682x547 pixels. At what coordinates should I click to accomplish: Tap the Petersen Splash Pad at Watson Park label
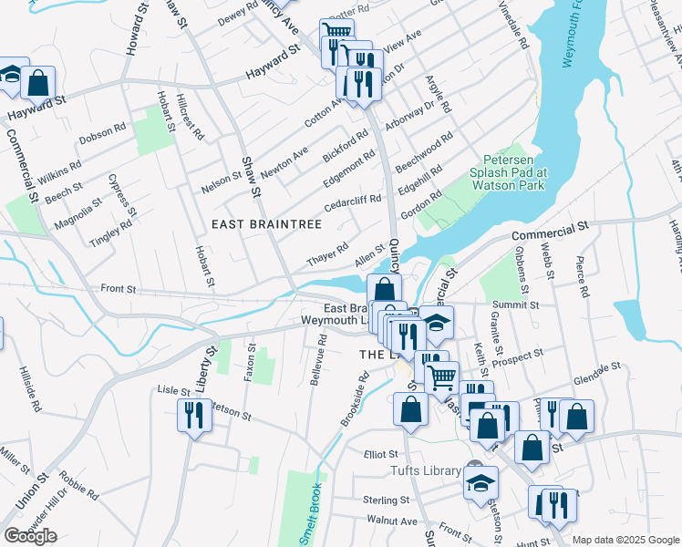tap(508, 171)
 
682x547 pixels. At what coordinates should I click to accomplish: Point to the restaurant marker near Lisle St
tap(193, 415)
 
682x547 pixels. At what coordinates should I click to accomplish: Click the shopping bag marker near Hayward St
tap(38, 83)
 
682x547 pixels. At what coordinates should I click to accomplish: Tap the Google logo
tap(30, 536)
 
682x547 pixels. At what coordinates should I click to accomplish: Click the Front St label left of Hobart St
tap(118, 289)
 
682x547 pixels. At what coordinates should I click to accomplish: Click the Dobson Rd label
tap(101, 133)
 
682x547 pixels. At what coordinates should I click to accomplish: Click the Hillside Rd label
tap(26, 387)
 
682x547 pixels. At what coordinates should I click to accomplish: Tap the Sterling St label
tap(386, 501)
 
